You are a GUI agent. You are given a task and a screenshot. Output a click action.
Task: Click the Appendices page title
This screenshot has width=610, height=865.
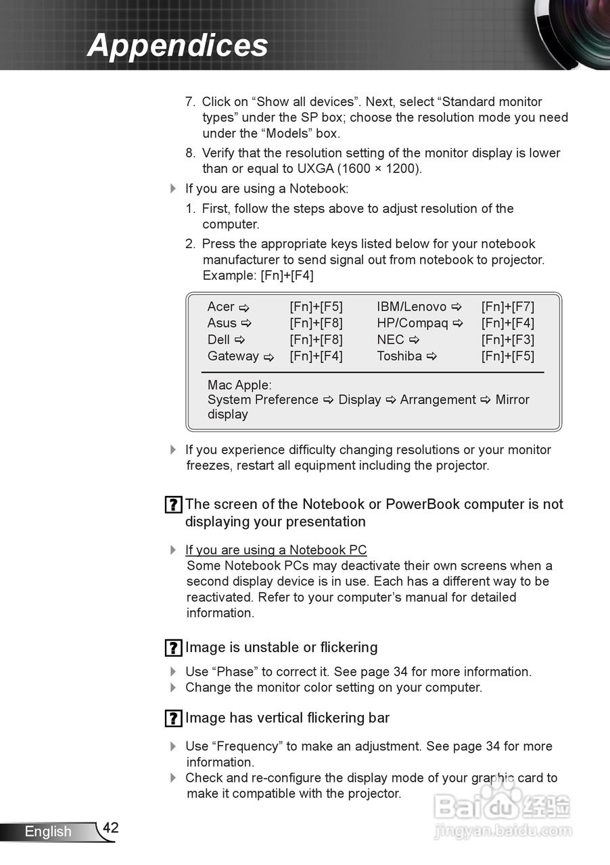[177, 45]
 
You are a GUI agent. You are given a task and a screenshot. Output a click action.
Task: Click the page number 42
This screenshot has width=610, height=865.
[111, 828]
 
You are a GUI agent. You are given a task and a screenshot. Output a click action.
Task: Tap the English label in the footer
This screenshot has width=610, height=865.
[47, 831]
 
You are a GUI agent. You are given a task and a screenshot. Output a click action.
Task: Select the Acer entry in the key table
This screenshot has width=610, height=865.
[221, 307]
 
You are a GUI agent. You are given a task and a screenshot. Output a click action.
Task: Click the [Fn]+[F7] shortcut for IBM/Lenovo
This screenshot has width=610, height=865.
[507, 307]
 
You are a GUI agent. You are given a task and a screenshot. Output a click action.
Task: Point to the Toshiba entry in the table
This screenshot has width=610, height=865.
[399, 356]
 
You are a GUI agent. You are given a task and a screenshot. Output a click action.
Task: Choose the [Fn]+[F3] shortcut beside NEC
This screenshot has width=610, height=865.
[507, 339]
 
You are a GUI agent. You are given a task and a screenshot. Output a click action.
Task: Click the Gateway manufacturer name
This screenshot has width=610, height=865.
[233, 356]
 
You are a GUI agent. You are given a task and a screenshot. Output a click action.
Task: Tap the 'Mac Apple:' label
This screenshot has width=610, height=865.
[239, 385]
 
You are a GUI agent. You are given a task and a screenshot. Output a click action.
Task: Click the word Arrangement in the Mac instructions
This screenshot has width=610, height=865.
[438, 400]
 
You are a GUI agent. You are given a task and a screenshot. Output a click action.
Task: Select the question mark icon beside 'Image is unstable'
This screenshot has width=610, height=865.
[173, 648]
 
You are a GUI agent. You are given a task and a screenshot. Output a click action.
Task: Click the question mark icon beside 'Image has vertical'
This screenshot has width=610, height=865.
[173, 718]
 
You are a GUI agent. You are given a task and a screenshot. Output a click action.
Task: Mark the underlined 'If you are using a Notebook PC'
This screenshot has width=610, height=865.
[276, 550]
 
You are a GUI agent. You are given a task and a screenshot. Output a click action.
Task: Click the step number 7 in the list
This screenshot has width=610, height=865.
[190, 102]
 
